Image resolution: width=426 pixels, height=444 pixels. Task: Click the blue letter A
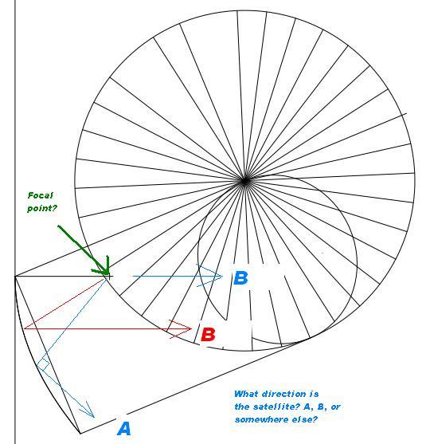124,429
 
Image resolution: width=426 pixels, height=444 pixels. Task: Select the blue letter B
240,278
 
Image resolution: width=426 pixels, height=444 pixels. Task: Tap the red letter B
208,335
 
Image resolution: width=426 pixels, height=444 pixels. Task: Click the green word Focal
41,195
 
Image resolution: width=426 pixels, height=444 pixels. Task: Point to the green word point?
42,208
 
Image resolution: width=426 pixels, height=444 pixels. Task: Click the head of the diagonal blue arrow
89,411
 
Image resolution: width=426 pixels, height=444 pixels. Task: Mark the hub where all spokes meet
245,181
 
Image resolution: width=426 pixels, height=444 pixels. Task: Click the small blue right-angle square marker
43,364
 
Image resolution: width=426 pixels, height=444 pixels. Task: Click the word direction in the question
283,394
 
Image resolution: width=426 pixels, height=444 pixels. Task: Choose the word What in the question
246,394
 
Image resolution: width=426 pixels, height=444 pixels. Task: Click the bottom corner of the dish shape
80,433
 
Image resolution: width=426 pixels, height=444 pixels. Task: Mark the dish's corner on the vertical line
15,277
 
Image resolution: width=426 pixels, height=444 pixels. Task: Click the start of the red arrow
25,328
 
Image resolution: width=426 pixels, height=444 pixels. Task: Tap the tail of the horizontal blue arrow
133,276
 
